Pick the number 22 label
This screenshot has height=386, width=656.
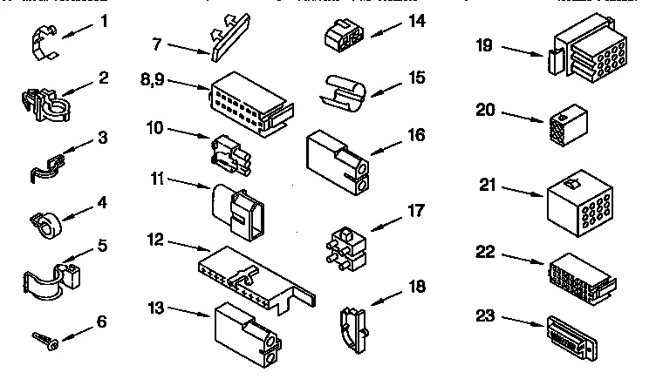click(x=487, y=253)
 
